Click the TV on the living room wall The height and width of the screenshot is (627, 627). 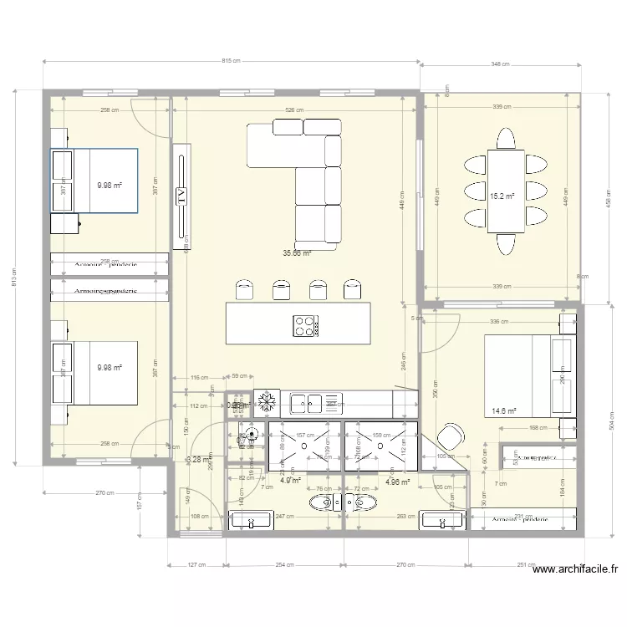coord(181,197)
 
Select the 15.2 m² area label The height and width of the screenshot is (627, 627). coord(501,196)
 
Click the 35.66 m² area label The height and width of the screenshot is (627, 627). coord(297,252)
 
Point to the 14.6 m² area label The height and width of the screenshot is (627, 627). coord(504,410)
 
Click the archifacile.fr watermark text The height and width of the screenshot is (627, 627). coord(574,570)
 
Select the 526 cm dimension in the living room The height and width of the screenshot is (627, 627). coord(294,110)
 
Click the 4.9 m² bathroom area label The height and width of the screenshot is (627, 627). coord(290,481)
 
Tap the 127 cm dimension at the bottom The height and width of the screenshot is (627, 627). coord(195,564)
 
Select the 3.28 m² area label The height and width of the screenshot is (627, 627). coord(197,459)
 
